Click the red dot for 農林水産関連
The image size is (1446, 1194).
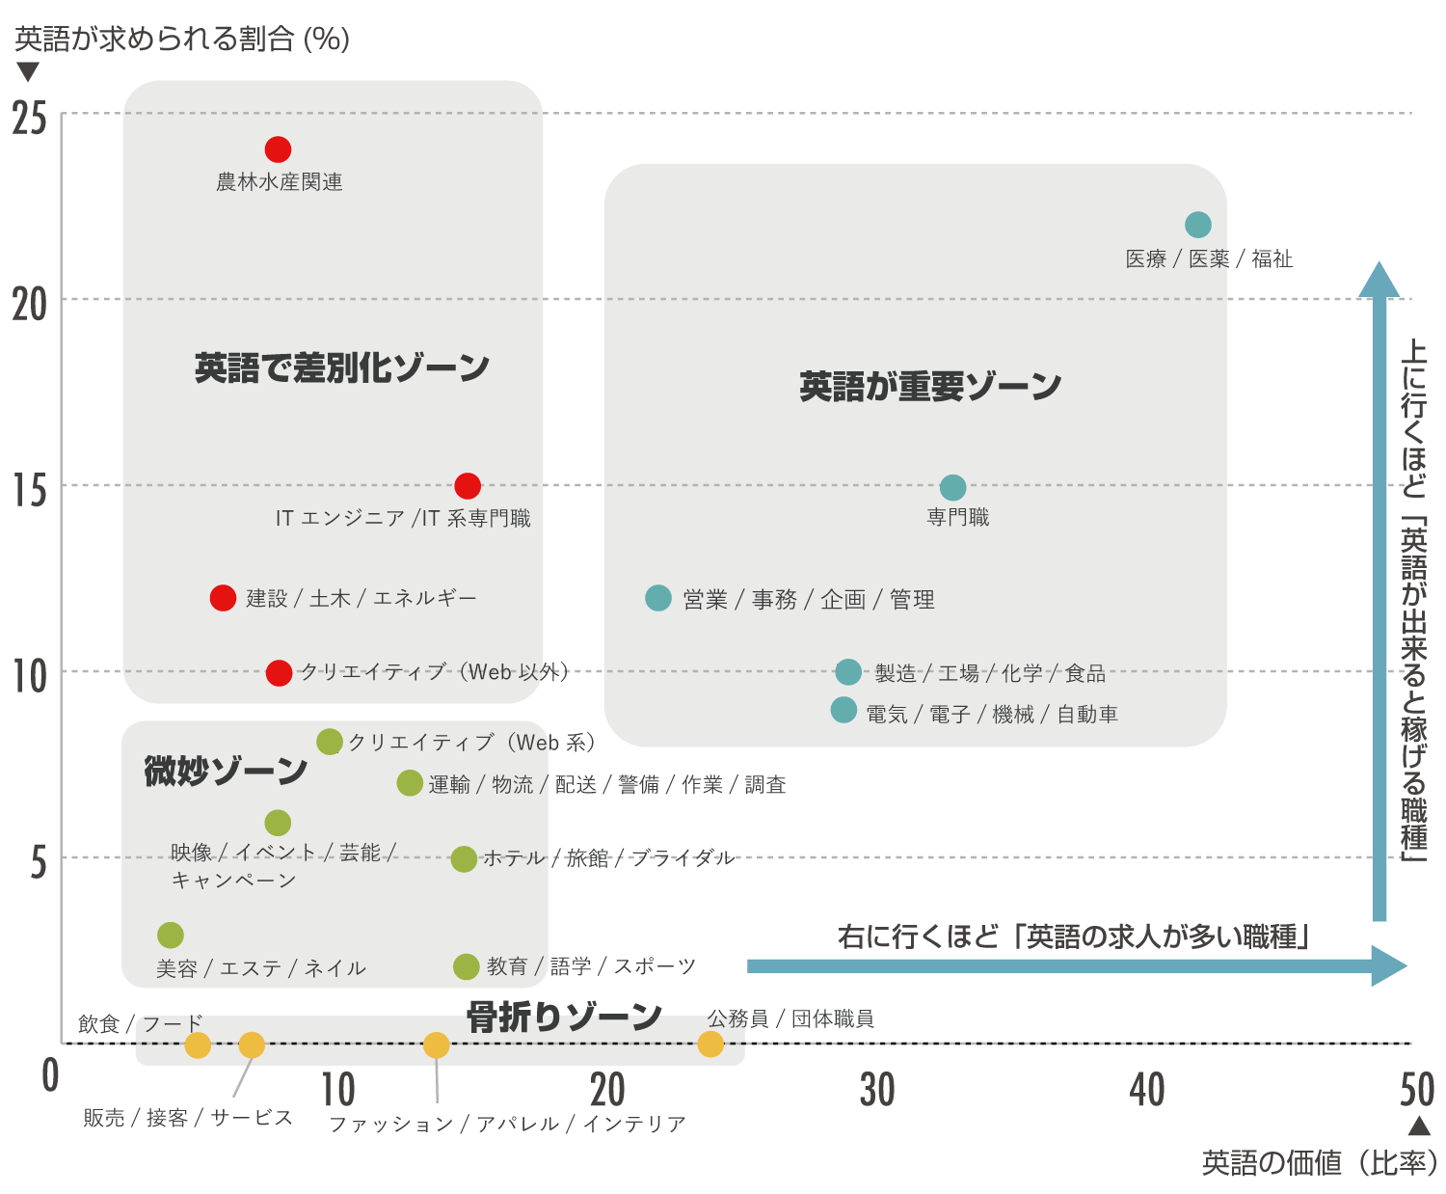point(278,149)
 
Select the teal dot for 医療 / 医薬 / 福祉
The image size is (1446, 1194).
point(1197,225)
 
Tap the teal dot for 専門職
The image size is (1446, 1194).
point(952,487)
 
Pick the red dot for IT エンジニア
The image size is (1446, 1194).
point(468,486)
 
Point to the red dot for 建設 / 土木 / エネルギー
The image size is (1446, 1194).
point(223,598)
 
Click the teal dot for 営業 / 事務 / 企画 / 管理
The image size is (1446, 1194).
point(658,598)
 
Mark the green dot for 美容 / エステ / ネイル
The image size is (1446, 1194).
point(171,935)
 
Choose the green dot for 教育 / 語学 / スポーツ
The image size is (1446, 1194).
point(467,966)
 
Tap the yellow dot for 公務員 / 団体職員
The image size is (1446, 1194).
point(710,1044)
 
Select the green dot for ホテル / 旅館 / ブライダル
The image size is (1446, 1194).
point(464,858)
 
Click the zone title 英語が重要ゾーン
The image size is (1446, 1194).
point(929,387)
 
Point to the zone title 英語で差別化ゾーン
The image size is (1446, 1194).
point(342,367)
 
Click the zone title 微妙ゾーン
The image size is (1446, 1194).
point(226,771)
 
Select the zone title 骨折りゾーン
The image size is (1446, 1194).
point(564,1017)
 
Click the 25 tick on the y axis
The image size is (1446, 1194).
point(30,119)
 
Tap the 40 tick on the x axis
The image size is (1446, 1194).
point(1147,1091)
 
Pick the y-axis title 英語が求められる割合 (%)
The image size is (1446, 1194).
point(182,40)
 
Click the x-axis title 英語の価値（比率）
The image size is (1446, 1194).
point(1319,1163)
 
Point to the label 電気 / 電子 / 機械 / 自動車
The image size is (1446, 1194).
point(992,715)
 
